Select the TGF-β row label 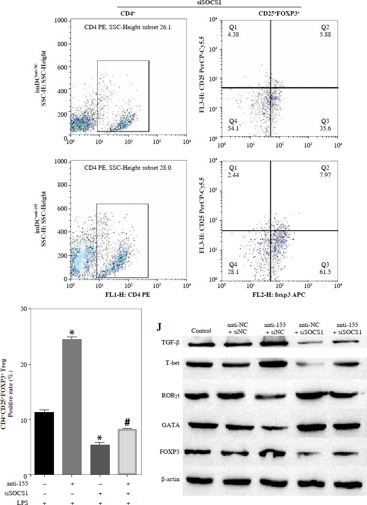[172, 343]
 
